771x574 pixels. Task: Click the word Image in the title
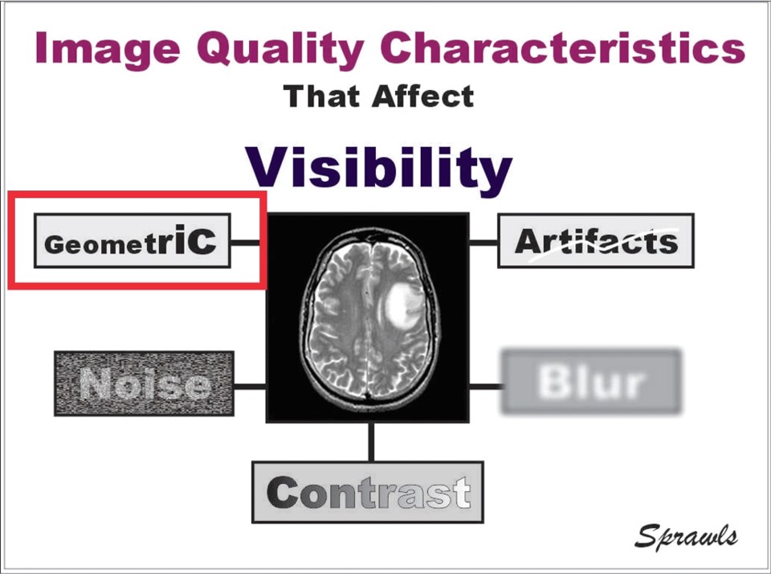click(x=108, y=48)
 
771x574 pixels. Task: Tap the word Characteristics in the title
click(x=563, y=47)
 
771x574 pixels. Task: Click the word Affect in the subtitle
click(x=423, y=96)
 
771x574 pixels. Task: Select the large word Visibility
click(x=378, y=167)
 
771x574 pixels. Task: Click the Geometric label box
click(x=133, y=240)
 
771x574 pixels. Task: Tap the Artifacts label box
click(x=596, y=240)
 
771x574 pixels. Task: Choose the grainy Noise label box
click(x=144, y=383)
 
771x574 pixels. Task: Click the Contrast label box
click(x=368, y=492)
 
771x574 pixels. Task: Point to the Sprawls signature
click(x=686, y=536)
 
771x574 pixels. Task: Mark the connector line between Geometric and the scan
click(x=245, y=242)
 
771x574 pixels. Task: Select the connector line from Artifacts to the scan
click(x=483, y=242)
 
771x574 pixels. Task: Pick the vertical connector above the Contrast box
click(x=371, y=441)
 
